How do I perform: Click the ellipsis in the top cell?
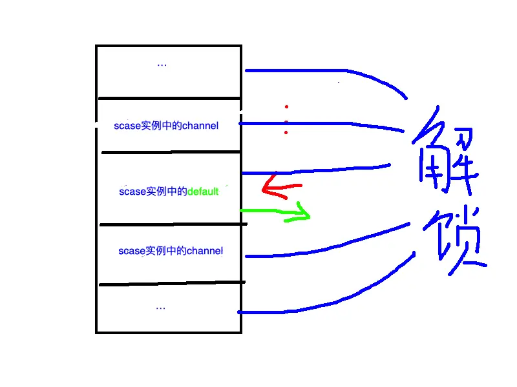[x=162, y=64]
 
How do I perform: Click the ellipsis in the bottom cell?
[x=161, y=308]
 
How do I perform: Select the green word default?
[x=203, y=192]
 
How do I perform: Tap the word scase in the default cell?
[x=133, y=192]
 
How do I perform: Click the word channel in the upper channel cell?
[x=200, y=126]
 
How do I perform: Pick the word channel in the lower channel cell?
[x=204, y=250]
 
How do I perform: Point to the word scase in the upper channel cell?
[x=127, y=126]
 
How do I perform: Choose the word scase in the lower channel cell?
[x=132, y=250]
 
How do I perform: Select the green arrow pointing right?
[x=278, y=212]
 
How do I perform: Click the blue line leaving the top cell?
[x=323, y=70]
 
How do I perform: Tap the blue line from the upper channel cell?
[x=323, y=123]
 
